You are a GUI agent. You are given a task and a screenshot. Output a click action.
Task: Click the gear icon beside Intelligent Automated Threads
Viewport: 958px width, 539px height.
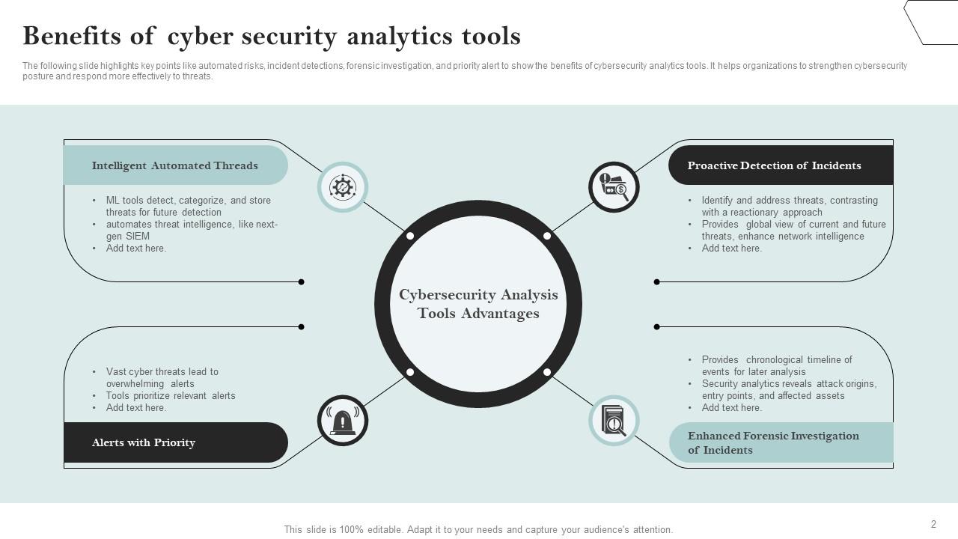click(343, 187)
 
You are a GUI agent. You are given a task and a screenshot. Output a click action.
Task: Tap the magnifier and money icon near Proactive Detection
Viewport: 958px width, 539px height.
click(614, 187)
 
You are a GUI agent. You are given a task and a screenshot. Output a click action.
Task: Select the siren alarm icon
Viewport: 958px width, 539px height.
click(343, 421)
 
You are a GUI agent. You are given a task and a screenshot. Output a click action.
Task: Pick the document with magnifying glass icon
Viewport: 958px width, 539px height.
click(614, 421)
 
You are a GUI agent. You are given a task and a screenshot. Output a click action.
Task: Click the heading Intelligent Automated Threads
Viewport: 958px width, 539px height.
click(174, 165)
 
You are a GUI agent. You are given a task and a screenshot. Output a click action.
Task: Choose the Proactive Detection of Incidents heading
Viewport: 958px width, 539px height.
click(774, 165)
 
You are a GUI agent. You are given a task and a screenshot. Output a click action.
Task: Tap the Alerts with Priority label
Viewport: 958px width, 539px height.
click(144, 442)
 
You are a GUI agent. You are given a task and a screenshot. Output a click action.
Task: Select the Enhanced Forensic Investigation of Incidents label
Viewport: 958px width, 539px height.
click(773, 442)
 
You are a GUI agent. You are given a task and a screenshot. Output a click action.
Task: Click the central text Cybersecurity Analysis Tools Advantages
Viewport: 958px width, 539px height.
click(478, 304)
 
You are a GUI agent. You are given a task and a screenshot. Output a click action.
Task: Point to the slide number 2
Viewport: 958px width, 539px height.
click(933, 524)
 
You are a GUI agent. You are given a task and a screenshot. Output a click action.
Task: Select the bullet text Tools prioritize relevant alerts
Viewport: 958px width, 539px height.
click(171, 395)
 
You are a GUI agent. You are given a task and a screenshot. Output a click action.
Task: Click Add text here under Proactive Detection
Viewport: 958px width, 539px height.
click(731, 248)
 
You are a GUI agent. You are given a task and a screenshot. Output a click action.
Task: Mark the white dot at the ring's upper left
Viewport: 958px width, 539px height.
click(410, 236)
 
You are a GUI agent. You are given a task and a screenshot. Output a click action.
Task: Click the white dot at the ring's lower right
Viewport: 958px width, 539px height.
click(547, 372)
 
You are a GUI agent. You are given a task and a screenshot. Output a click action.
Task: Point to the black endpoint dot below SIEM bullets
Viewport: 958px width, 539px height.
click(301, 282)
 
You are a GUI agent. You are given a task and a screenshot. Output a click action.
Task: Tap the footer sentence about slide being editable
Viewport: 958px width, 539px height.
click(478, 529)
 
